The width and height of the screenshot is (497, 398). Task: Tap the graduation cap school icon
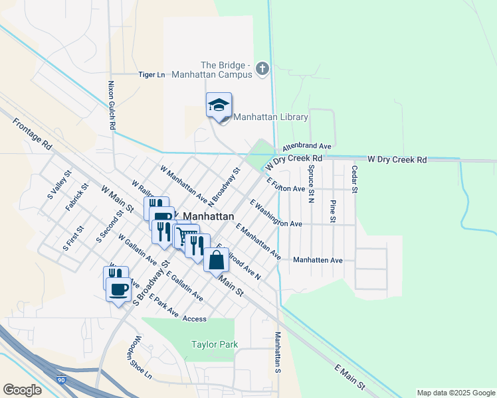[219, 105]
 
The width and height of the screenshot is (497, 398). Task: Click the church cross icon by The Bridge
[262, 68]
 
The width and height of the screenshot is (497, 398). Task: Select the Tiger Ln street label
[151, 75]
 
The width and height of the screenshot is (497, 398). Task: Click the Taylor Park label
[214, 344]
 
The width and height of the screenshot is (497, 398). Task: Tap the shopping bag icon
[217, 259]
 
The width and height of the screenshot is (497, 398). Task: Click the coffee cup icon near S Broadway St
[119, 289]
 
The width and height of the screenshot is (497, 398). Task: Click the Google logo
[23, 390]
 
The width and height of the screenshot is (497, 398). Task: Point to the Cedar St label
[355, 180]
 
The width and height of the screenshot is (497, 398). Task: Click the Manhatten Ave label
[318, 260]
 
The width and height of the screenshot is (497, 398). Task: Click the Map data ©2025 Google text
[455, 393]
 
